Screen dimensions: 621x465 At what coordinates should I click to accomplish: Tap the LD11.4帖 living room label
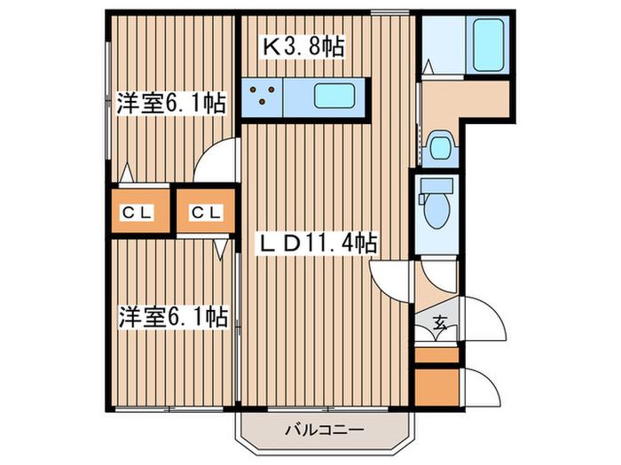coord(317,244)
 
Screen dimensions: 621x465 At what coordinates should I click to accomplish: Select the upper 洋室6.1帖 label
coord(170,103)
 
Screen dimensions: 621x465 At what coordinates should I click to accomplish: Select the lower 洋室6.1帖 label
coord(174,316)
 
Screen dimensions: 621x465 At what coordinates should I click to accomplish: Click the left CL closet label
coord(137,213)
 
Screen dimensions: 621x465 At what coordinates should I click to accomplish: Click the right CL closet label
coord(206,213)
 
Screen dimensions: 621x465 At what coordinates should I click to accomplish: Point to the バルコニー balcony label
coord(324,430)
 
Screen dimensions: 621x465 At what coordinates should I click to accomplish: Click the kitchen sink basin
coord(334,96)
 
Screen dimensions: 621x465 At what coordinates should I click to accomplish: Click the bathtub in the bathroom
coord(488,45)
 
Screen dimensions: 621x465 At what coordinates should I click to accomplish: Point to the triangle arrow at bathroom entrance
coord(428,66)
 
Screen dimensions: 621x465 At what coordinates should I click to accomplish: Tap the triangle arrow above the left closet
coord(126,173)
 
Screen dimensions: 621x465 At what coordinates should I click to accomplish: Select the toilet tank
coord(436,184)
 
